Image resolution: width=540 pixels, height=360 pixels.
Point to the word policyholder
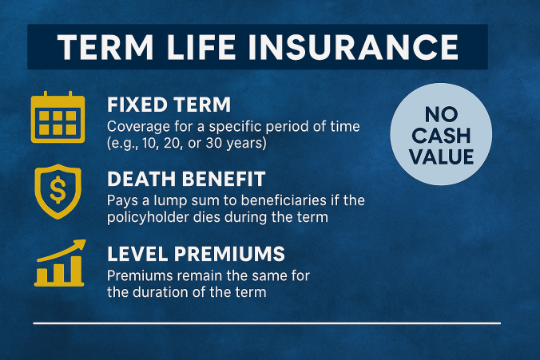[x=146, y=216]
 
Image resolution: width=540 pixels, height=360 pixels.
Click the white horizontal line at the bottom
[x=268, y=323]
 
